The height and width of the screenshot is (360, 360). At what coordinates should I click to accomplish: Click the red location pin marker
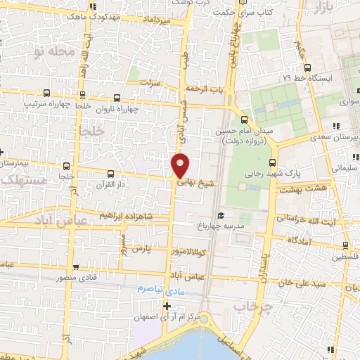tap(180, 165)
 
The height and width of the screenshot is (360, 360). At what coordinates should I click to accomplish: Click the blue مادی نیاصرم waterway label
tap(150, 288)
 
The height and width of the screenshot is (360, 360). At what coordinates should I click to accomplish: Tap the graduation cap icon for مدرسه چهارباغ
tap(221, 215)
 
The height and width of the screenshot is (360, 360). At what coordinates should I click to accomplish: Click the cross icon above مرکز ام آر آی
tap(167, 306)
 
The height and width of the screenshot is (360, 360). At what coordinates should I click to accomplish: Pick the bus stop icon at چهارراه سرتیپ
tap(46, 93)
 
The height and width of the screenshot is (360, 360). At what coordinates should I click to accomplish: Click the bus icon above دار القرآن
tap(110, 173)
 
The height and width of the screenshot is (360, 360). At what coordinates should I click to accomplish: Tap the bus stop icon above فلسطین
tap(345, 245)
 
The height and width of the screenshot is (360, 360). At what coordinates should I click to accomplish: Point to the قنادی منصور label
tap(50, 277)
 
